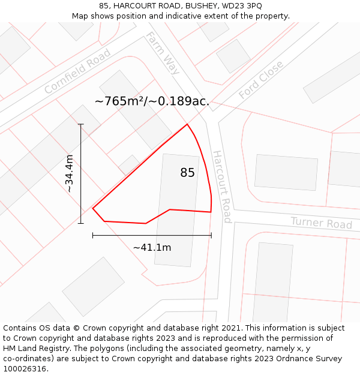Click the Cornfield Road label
point(77,71)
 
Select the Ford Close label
point(260,80)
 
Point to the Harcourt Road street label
point(221,186)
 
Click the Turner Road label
point(321,223)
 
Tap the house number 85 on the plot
point(187,173)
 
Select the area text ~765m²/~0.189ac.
point(152,101)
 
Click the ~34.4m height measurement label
point(70,173)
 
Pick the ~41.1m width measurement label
point(152,247)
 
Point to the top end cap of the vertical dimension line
point(81,124)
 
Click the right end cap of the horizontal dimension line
point(211,235)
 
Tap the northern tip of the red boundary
point(188,124)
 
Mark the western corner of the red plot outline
point(93,208)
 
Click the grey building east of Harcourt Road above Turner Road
point(286,172)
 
